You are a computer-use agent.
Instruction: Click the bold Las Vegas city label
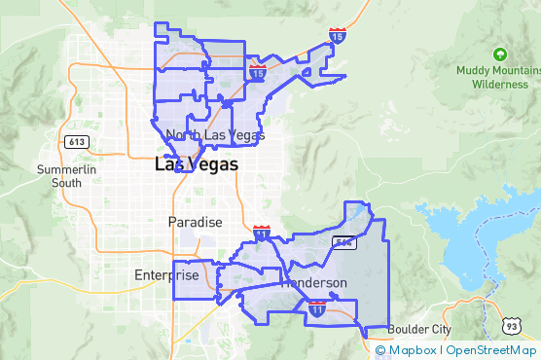tap(196, 165)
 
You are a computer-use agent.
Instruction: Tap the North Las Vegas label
tap(215, 135)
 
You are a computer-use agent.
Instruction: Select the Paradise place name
tap(196, 222)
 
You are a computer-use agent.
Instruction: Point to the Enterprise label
tap(166, 275)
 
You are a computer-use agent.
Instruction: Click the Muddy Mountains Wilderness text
tap(499, 77)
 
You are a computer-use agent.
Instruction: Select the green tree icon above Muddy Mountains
tap(500, 54)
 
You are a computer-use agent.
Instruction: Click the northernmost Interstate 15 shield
tap(337, 37)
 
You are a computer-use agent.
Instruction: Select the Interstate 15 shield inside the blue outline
tap(257, 72)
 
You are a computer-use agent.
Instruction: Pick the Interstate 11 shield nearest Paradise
tap(262, 233)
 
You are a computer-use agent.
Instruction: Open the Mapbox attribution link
tap(414, 350)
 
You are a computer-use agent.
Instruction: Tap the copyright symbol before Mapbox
tap(380, 350)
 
